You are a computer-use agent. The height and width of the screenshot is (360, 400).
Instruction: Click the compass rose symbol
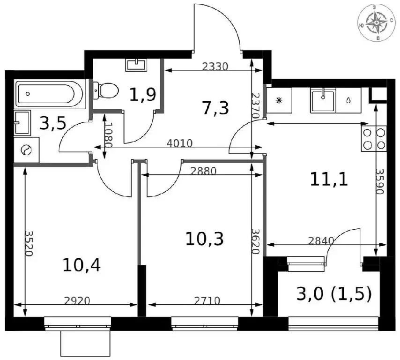coord(377,22)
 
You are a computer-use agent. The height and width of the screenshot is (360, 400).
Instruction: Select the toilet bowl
coord(105,90)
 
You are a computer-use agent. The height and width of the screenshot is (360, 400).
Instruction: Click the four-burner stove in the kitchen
coord(374,138)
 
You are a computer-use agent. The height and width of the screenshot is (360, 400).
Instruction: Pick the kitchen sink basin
coord(323,100)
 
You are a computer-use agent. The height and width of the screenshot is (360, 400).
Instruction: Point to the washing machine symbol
coord(26,150)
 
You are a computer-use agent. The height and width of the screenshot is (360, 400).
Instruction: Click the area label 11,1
coord(329,180)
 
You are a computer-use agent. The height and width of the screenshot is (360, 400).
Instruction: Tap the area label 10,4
coord(81,265)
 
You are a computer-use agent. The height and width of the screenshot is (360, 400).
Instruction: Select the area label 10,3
coord(205,239)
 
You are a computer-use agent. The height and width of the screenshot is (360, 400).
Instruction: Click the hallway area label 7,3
coord(215,108)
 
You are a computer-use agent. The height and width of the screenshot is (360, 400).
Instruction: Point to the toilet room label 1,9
coord(142,95)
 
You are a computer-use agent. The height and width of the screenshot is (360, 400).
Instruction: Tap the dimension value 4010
coord(179,143)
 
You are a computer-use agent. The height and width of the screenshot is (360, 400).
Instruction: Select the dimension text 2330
coord(215,67)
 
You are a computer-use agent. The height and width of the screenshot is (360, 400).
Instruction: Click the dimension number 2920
coord(77,301)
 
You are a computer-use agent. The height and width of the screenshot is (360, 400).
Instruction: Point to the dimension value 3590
coord(380,181)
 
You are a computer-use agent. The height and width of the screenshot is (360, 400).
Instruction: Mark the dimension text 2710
coord(207,301)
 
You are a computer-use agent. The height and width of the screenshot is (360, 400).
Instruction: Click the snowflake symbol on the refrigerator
coord(279,100)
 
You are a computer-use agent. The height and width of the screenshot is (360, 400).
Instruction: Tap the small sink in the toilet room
coord(136,65)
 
